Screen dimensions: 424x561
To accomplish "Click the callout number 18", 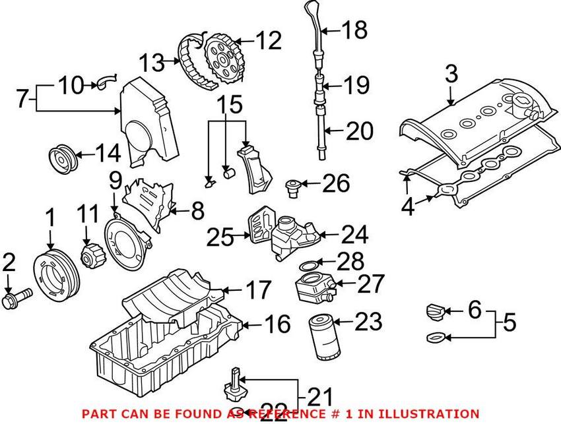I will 354,29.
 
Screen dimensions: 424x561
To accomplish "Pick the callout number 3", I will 450,73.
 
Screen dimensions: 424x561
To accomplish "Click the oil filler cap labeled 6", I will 436,311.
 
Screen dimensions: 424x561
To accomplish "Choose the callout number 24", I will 354,234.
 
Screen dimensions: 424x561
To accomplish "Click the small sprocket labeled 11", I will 90,256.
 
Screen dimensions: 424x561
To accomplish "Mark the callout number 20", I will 358,132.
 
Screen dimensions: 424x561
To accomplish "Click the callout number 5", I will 508,323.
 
